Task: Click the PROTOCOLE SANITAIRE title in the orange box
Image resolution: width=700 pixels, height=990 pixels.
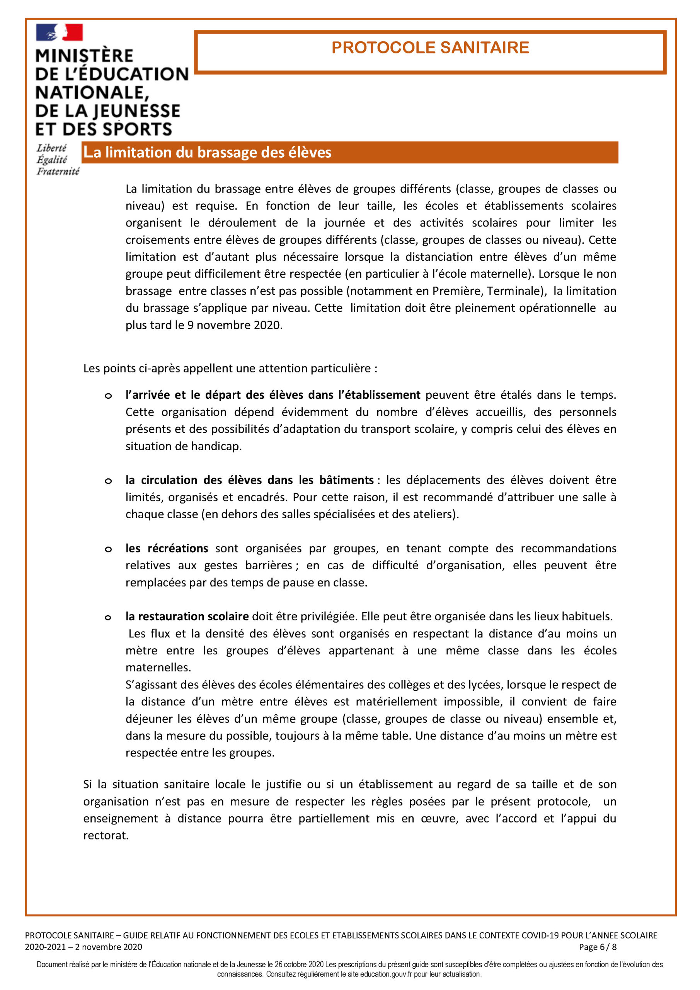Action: (430, 48)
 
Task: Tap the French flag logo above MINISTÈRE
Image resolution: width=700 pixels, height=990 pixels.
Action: (59, 32)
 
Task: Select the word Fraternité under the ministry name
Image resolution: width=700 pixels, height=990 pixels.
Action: (58, 172)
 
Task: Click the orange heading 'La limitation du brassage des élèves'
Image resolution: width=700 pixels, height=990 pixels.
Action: (207, 152)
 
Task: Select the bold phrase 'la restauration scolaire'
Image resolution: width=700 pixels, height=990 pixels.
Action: (187, 616)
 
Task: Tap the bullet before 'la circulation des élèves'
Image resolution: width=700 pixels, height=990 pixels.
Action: (108, 481)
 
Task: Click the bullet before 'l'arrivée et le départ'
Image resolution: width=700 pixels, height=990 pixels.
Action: (108, 396)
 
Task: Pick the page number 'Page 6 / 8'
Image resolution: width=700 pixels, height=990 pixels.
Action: (598, 947)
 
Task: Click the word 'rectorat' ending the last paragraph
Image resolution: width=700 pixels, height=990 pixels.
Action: (105, 836)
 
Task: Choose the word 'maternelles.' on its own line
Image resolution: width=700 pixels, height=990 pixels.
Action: (158, 667)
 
